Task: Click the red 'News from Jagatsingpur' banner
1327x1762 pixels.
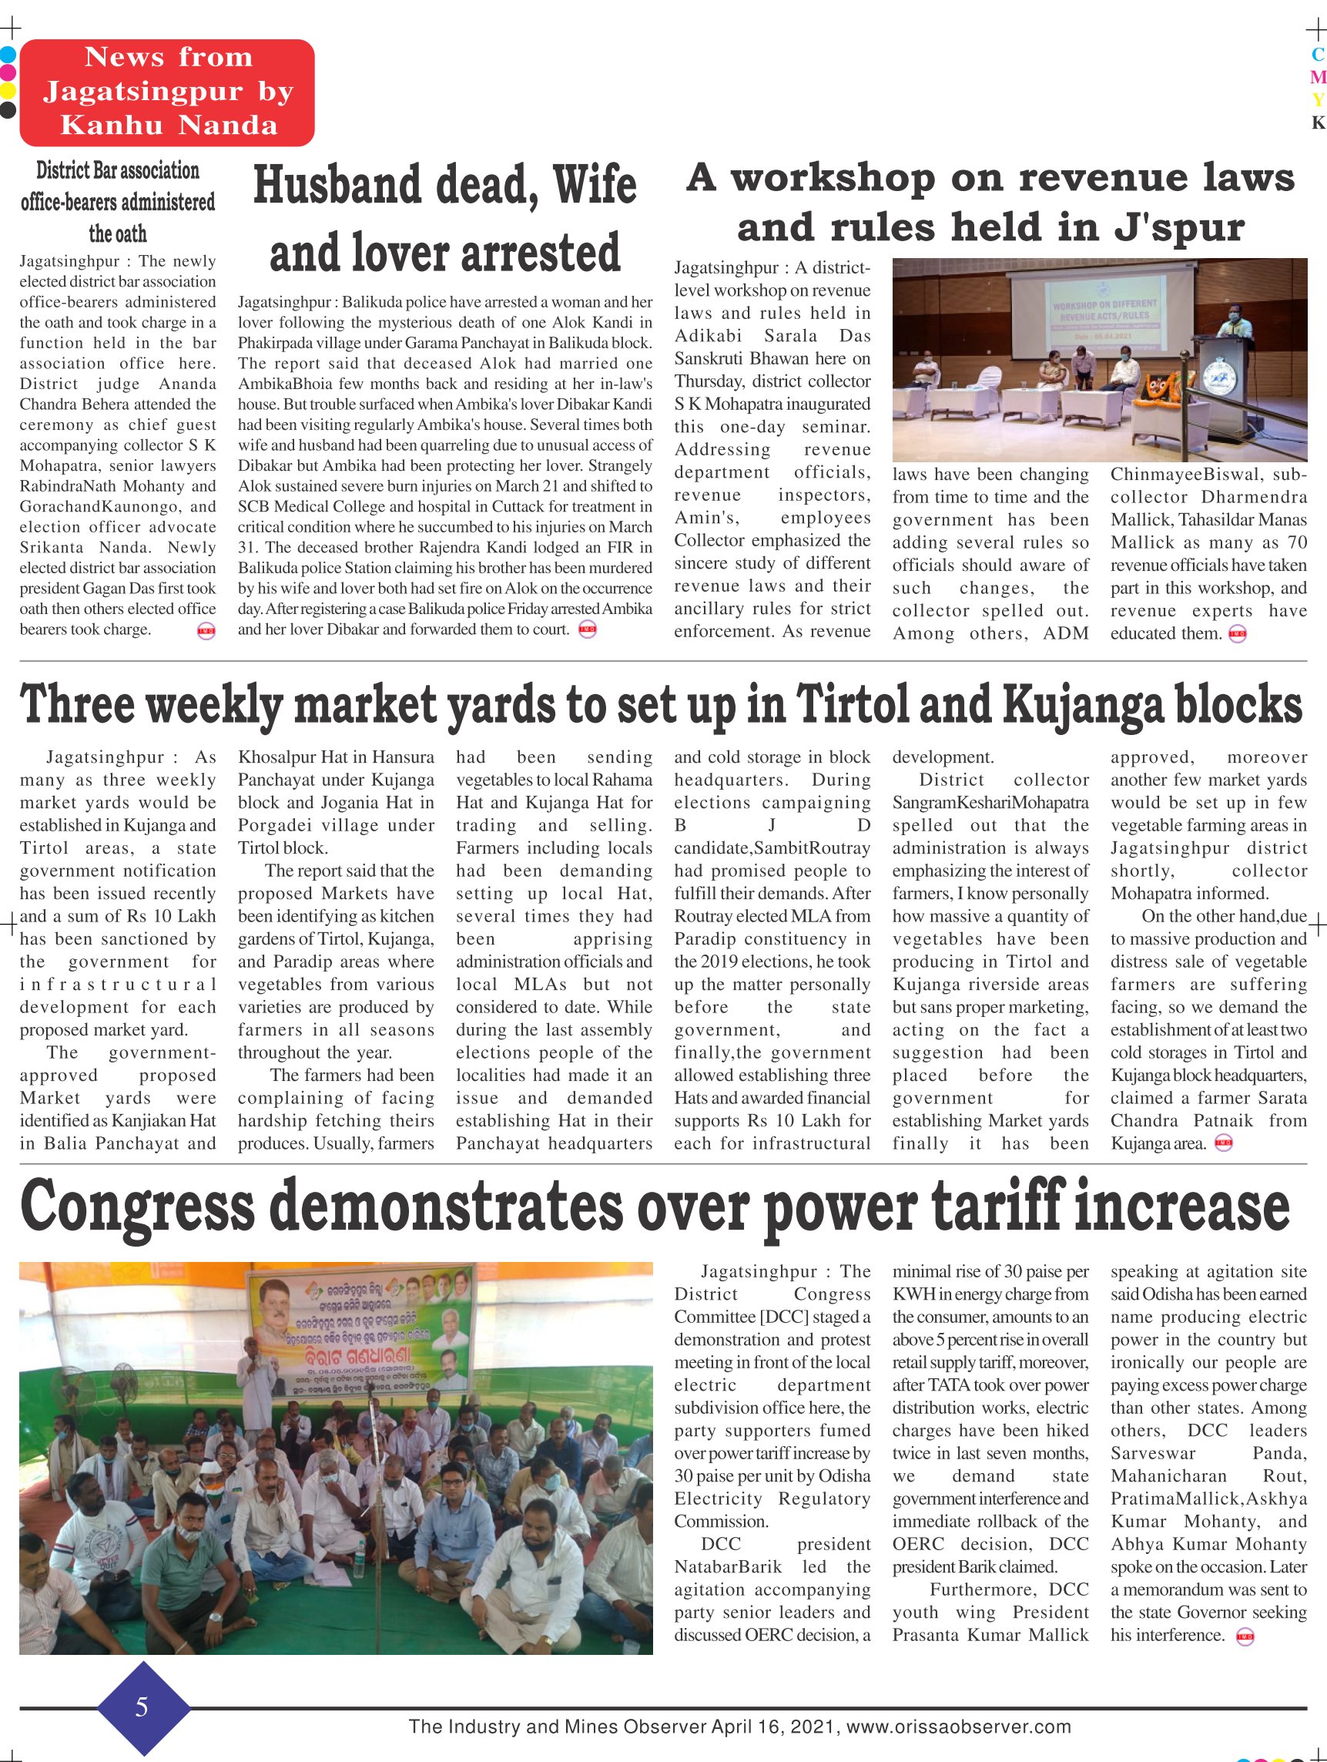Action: click(167, 92)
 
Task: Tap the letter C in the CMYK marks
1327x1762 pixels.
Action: click(1318, 55)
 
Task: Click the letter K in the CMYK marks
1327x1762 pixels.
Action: click(1318, 123)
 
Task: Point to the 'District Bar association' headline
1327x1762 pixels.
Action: click(118, 202)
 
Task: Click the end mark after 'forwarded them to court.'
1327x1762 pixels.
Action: click(588, 630)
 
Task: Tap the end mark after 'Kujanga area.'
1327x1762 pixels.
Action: click(1223, 1144)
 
